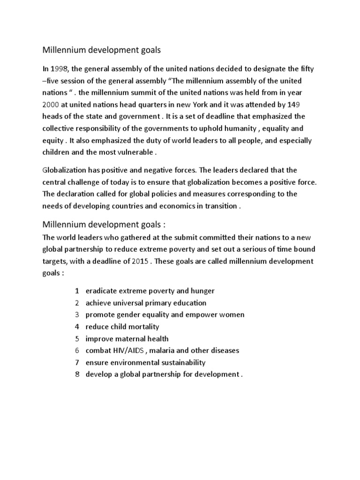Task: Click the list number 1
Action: (x=76, y=291)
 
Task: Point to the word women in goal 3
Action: (x=230, y=315)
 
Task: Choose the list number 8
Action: (x=76, y=374)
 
